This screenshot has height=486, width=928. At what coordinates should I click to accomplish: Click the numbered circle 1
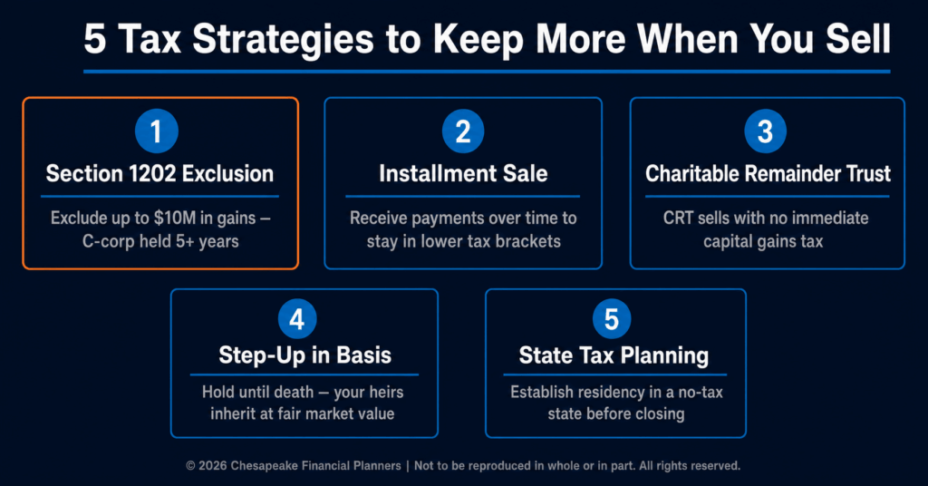pyautogui.click(x=156, y=131)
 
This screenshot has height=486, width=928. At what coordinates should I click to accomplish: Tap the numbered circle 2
pyautogui.click(x=463, y=131)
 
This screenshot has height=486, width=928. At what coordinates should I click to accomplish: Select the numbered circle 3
pyautogui.click(x=765, y=131)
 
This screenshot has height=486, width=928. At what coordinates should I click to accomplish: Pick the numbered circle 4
pyautogui.click(x=297, y=319)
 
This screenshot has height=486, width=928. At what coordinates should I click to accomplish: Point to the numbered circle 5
pyautogui.click(x=612, y=319)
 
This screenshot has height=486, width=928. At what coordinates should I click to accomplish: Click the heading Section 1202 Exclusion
pyautogui.click(x=159, y=174)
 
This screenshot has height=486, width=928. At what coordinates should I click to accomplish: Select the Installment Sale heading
pyautogui.click(x=463, y=174)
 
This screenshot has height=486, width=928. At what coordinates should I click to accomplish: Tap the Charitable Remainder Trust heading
pyautogui.click(x=768, y=174)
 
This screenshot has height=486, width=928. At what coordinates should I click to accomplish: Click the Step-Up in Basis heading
pyautogui.click(x=304, y=355)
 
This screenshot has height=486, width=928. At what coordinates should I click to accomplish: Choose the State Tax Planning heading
pyautogui.click(x=614, y=355)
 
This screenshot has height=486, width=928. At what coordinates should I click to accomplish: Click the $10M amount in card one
pyautogui.click(x=175, y=219)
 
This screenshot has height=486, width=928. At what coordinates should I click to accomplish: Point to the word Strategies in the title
pyautogui.click(x=283, y=40)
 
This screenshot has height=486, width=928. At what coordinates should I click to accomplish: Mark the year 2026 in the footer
pyautogui.click(x=212, y=466)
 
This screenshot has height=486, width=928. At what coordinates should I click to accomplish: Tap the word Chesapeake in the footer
pyautogui.click(x=265, y=466)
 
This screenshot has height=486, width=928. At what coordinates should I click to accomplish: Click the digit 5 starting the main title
pyautogui.click(x=94, y=40)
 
